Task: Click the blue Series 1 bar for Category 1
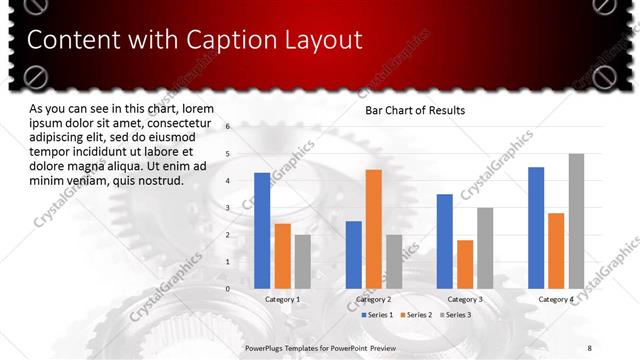[x=262, y=230]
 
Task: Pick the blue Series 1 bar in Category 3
[x=444, y=241]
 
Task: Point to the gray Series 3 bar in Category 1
[x=302, y=261]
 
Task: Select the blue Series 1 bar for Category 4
[x=536, y=227]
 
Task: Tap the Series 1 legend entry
[x=376, y=315]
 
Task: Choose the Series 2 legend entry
[x=416, y=315]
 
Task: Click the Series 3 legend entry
[x=456, y=315]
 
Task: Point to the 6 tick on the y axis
[x=228, y=127]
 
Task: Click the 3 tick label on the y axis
[x=228, y=208]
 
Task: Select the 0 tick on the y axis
[x=228, y=289]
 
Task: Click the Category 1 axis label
[x=282, y=299]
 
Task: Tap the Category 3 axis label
[x=464, y=299]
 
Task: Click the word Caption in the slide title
[x=226, y=41]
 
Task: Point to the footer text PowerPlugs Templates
[x=285, y=347]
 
